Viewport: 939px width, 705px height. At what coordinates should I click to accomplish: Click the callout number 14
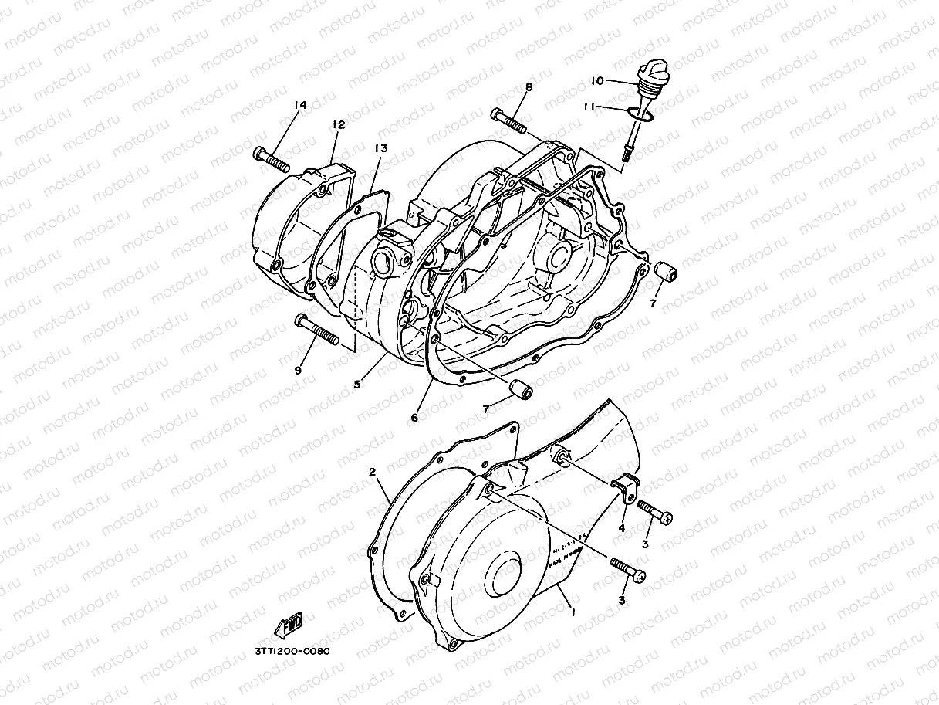click(x=300, y=105)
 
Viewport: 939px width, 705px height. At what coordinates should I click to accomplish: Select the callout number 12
click(x=338, y=124)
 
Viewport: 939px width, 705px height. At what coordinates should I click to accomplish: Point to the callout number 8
click(x=529, y=87)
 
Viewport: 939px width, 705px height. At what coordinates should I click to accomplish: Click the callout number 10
click(x=597, y=81)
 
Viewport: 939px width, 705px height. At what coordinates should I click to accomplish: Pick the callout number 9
click(x=299, y=370)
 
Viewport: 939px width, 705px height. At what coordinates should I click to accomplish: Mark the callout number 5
click(x=357, y=384)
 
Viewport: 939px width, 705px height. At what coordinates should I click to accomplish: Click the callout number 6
click(x=414, y=418)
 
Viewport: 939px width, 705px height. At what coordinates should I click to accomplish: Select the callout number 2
click(x=372, y=471)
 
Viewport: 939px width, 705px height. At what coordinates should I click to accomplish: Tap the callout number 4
click(x=621, y=529)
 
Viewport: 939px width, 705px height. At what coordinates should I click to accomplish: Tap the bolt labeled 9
click(x=316, y=330)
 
